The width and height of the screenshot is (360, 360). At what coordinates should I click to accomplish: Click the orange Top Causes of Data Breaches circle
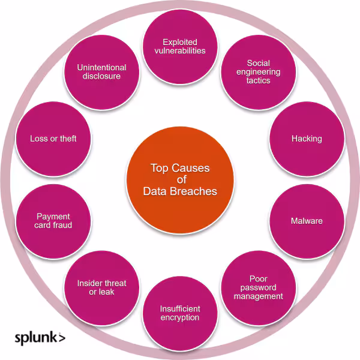pos(179,180)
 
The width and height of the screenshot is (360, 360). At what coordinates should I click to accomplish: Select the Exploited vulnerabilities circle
pos(179,46)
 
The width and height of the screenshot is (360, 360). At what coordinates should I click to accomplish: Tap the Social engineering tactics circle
pos(258,72)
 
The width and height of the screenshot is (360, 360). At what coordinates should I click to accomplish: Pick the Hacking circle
pos(307,139)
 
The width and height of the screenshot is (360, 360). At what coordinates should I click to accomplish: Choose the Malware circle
pos(307,221)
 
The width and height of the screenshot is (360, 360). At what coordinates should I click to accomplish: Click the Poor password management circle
pos(258,287)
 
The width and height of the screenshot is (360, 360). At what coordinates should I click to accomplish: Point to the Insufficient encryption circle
pos(179,313)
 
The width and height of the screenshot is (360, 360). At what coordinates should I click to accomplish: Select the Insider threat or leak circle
pos(101,287)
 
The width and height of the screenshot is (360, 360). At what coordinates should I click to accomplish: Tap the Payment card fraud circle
pos(53,221)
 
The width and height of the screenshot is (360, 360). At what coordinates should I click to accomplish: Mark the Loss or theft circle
pos(53,139)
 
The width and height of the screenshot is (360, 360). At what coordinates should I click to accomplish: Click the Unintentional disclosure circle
pos(101,72)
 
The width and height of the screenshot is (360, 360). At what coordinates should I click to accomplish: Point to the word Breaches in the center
pos(196,191)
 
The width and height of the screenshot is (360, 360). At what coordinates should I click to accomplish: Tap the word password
pos(259,287)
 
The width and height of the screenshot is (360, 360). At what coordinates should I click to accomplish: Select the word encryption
pos(179,317)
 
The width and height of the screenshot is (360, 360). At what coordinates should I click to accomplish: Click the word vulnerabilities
pos(179,50)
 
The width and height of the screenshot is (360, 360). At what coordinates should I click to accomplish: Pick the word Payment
pos(53,217)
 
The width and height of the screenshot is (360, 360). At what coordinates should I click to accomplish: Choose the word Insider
pos(90,283)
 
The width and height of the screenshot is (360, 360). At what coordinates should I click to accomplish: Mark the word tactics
pos(258,80)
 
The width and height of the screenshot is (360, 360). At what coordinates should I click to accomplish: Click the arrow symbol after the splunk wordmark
pos(62,337)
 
